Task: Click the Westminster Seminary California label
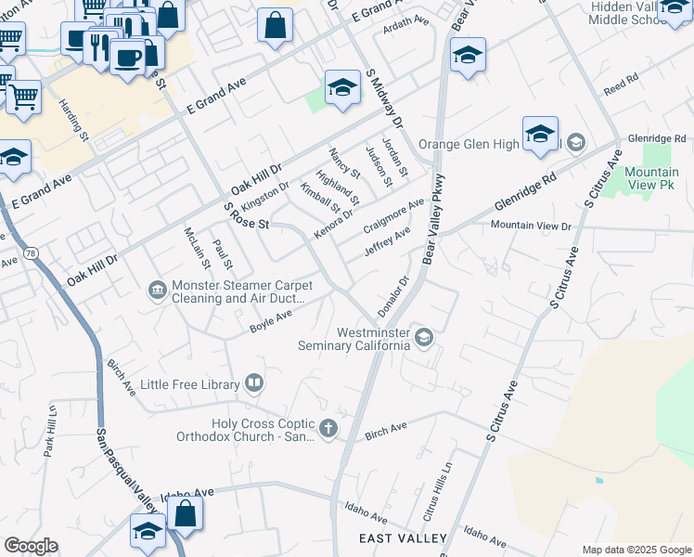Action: click(353, 339)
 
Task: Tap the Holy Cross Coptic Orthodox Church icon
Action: click(328, 429)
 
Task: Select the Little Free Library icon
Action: click(253, 382)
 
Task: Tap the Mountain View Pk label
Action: click(650, 178)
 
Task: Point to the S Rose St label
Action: click(248, 218)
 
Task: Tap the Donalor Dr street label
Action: click(393, 294)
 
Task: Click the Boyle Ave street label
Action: click(271, 321)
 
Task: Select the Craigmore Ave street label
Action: click(393, 215)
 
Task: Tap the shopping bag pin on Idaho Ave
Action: click(186, 515)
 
